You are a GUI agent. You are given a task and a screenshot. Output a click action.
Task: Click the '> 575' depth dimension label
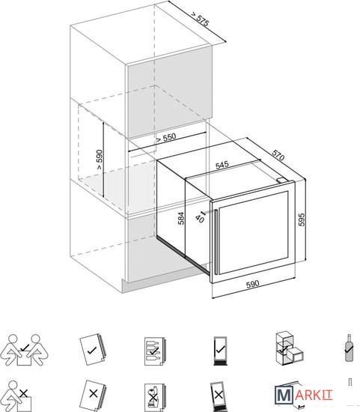(200, 19)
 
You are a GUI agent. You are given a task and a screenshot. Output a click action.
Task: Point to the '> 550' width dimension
(166, 137)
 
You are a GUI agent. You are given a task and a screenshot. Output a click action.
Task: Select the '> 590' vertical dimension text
(99, 160)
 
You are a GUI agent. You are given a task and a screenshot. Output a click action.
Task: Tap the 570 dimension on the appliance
(278, 155)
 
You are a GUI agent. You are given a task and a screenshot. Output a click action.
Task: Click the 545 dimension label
(222, 165)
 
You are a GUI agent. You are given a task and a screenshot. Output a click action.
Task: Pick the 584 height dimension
(181, 218)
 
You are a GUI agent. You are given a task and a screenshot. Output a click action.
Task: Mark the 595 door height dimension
(302, 219)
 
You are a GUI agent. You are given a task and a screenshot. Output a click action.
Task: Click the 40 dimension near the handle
(200, 218)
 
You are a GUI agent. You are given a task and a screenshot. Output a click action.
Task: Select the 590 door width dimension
(253, 285)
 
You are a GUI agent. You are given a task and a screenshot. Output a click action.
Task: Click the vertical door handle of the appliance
(216, 242)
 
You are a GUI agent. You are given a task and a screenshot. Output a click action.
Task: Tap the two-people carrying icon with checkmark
(25, 350)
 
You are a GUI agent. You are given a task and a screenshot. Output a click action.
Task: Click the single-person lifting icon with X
(19, 396)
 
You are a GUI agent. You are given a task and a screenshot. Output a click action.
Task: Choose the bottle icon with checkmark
(350, 348)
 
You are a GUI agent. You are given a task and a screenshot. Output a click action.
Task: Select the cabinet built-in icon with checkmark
(290, 348)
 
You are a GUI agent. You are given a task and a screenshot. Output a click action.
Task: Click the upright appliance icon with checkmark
(220, 351)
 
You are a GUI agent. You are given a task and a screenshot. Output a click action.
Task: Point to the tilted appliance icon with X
(218, 396)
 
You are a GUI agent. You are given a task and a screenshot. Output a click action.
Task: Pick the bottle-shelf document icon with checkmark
(154, 351)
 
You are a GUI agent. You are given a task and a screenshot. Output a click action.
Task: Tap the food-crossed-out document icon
(154, 397)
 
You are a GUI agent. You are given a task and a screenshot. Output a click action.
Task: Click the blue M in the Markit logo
(284, 395)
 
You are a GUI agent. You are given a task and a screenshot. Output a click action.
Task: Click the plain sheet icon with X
(94, 394)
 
